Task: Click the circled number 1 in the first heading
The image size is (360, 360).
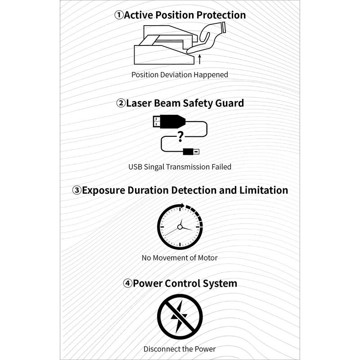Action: click(119, 15)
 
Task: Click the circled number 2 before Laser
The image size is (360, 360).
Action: click(121, 103)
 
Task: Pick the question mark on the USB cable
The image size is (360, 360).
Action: click(180, 136)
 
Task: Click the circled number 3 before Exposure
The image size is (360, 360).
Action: click(77, 190)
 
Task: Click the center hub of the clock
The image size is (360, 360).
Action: click(180, 227)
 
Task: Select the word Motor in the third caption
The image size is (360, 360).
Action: click(207, 258)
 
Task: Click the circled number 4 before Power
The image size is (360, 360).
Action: click(128, 283)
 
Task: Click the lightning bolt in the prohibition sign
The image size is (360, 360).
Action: click(180, 316)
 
